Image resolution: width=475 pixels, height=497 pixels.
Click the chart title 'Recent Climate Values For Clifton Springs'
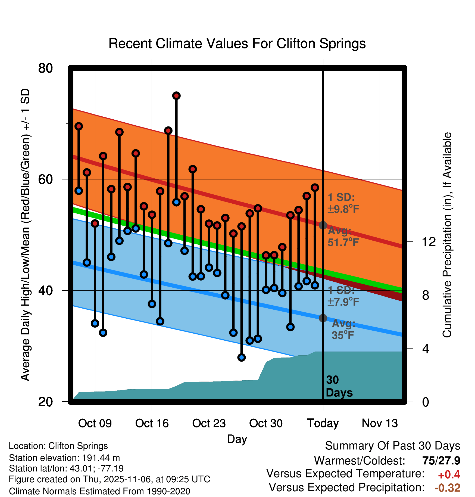point(237,44)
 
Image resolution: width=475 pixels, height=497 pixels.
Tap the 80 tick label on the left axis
point(45,68)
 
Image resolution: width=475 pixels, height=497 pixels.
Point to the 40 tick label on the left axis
point(45,290)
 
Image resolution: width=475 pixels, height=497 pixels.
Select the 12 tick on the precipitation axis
point(429,242)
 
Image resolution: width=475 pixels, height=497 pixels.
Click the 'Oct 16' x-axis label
point(152,423)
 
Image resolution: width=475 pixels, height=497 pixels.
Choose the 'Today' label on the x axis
point(323,423)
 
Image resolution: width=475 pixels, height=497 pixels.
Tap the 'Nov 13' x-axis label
point(380,423)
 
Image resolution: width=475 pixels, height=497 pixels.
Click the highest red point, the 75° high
point(176,96)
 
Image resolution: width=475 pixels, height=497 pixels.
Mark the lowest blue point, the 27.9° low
point(242,358)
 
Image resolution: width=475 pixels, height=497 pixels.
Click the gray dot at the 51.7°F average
point(323,225)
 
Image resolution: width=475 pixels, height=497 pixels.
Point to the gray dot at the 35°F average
point(323,318)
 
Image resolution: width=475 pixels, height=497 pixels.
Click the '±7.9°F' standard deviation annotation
point(343,302)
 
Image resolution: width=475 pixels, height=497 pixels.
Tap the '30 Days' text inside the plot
point(339,386)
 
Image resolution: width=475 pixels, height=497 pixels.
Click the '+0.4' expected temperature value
point(449,475)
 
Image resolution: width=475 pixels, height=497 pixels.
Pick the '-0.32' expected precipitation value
point(447,488)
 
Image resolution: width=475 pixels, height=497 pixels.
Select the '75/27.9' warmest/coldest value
point(441,461)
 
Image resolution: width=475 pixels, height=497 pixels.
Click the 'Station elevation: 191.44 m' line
point(64,458)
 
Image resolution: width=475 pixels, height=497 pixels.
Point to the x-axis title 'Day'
point(237,439)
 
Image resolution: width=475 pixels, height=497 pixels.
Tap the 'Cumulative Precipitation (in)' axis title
point(447,235)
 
